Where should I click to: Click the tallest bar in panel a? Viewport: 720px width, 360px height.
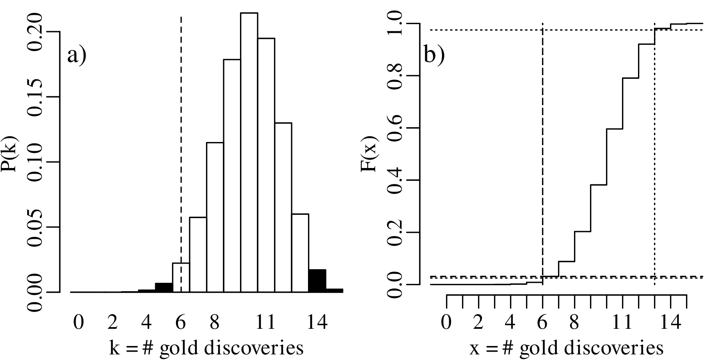click(x=249, y=152)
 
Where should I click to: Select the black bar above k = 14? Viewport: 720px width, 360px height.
click(x=317, y=281)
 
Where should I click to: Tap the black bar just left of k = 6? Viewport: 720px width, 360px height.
click(x=164, y=288)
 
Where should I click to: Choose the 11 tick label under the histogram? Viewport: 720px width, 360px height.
click(x=265, y=322)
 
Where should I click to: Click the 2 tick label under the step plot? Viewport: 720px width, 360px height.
click(x=478, y=322)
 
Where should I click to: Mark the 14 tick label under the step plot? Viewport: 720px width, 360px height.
click(x=670, y=322)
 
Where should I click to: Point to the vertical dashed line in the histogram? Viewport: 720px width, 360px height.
click(x=181, y=120)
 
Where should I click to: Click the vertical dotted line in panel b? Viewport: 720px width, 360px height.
click(x=654, y=160)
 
